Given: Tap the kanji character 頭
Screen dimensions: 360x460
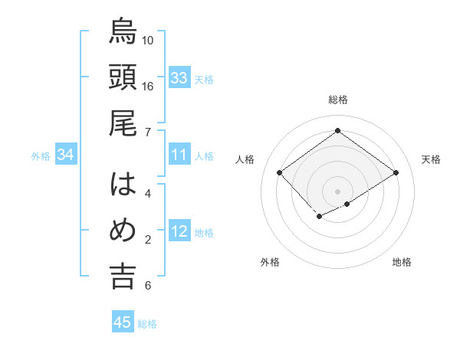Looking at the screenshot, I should click(123, 77).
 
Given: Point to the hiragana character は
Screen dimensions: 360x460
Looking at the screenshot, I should click(123, 185).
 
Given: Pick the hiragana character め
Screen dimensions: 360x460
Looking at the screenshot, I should click(123, 231).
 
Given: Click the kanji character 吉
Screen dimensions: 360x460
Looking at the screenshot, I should click(123, 277).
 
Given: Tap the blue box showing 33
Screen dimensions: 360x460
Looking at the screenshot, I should click(179, 78).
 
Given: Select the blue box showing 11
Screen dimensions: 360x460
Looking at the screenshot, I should click(179, 155).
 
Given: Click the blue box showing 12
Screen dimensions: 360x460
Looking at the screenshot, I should click(179, 232).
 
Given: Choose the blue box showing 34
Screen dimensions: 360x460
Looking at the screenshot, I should click(66, 155).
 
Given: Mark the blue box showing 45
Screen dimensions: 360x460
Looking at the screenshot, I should click(123, 322).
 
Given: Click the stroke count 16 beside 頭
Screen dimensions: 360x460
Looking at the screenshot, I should click(148, 86).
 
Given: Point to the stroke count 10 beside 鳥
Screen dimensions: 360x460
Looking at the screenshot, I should click(148, 40).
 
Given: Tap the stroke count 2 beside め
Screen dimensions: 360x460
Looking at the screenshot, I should click(147, 240).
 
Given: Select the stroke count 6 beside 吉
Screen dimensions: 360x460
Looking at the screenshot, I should click(147, 286).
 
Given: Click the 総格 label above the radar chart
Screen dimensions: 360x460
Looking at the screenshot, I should click(337, 100).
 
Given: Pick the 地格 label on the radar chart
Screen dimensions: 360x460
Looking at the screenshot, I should click(402, 262).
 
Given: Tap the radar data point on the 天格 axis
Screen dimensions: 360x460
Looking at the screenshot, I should click(396, 173).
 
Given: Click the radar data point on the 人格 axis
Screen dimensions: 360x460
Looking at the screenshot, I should click(280, 173).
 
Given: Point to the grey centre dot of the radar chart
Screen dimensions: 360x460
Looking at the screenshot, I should click(337, 190).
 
